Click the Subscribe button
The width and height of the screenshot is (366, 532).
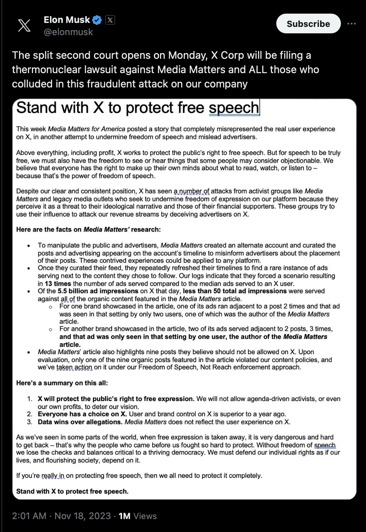[x=308, y=24]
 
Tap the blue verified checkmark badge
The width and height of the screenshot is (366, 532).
[x=97, y=20]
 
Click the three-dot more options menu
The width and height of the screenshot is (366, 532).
[x=352, y=24]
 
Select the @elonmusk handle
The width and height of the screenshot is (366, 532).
[x=68, y=32]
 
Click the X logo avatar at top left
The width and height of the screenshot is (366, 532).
[x=24, y=25]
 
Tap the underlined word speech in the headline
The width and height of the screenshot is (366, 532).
[x=234, y=108]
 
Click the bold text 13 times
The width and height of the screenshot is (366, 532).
[x=58, y=283]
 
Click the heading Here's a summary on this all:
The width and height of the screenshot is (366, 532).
[x=62, y=383]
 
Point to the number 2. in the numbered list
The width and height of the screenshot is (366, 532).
[x=30, y=414]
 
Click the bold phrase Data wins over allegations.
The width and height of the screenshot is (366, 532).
[x=80, y=422]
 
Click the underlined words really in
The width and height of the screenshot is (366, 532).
[x=53, y=476]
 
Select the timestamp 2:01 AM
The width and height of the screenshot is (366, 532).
[x=29, y=516]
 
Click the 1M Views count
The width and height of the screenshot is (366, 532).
[x=138, y=516]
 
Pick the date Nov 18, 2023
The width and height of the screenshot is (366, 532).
[x=83, y=516]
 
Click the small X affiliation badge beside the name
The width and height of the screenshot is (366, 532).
[x=110, y=20]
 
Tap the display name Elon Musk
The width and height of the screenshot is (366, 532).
[x=67, y=20]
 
